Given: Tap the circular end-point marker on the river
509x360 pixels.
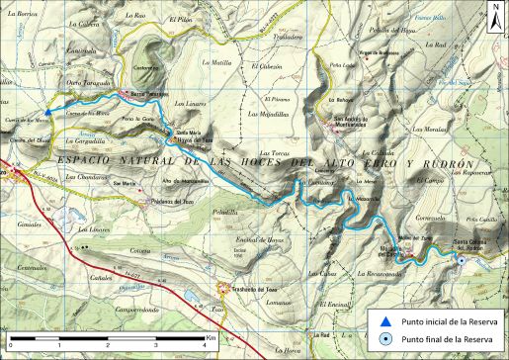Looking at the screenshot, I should pyautogui.click(x=462, y=260).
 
